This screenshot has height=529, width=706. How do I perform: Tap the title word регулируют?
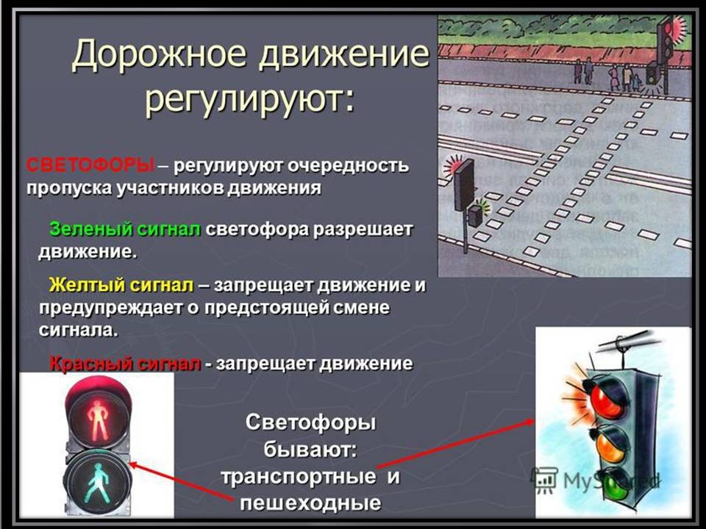pyautogui.click(x=250, y=99)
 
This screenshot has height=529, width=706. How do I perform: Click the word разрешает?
pyautogui.click(x=363, y=230)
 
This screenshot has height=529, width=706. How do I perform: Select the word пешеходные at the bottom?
pyautogui.click(x=310, y=503)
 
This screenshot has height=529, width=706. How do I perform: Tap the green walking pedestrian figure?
pyautogui.click(x=98, y=483)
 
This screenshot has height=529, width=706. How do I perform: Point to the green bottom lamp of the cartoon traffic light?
pyautogui.click(x=617, y=486)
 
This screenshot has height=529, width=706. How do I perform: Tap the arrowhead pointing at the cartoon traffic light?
pyautogui.click(x=529, y=422)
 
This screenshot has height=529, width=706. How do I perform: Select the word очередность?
pyautogui.click(x=349, y=165)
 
